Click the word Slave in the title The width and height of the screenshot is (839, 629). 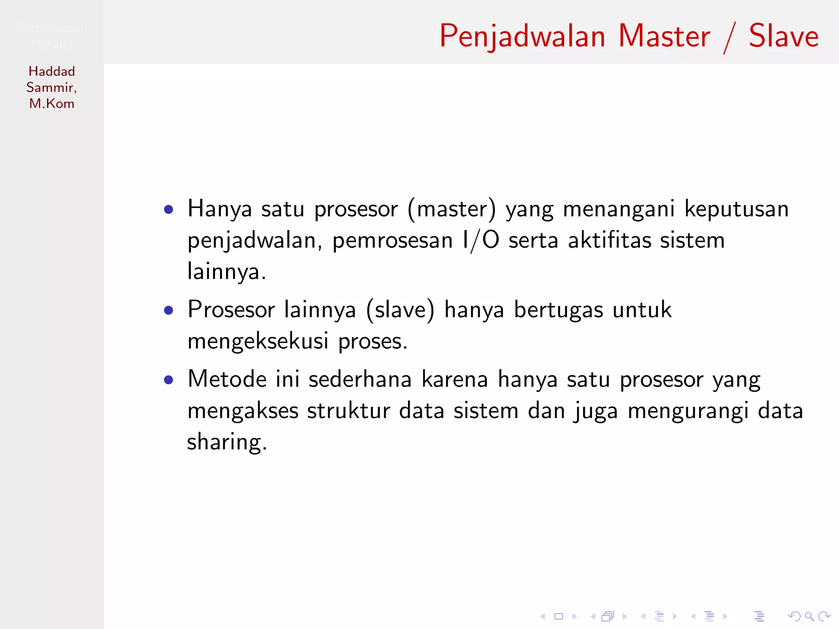pyautogui.click(x=783, y=36)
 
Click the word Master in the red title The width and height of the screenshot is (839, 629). pyautogui.click(x=664, y=36)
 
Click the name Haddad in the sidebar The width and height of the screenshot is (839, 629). pyautogui.click(x=52, y=71)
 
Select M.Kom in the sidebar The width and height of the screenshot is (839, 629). pyautogui.click(x=52, y=104)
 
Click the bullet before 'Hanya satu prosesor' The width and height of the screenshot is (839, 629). pyautogui.click(x=168, y=210)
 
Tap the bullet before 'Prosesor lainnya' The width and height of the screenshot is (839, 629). pyautogui.click(x=168, y=310)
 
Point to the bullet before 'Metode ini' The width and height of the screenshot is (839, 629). pyautogui.click(x=168, y=380)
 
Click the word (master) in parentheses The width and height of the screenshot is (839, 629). pyautogui.click(x=451, y=209)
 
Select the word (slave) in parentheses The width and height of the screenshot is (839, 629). pyautogui.click(x=400, y=310)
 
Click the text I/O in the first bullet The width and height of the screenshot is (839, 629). pyautogui.click(x=481, y=240)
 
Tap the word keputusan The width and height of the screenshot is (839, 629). pyautogui.click(x=736, y=209)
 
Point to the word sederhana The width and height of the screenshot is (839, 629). pyautogui.click(x=360, y=379)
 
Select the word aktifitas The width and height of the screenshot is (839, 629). pyautogui.click(x=609, y=240)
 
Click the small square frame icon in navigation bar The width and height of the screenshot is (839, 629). pyautogui.click(x=558, y=616)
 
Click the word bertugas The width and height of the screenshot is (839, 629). pyautogui.click(x=558, y=310)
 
